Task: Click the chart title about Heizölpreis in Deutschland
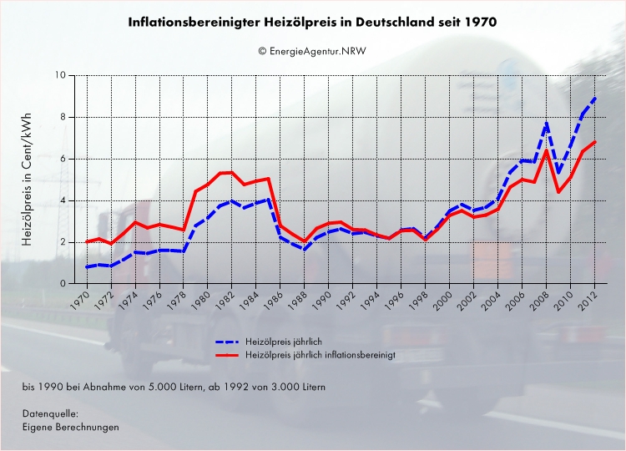click(x=312, y=23)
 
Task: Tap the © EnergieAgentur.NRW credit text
click(x=312, y=51)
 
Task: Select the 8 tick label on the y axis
click(x=63, y=117)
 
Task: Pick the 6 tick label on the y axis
click(x=63, y=159)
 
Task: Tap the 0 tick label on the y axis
click(x=63, y=284)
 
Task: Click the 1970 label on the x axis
click(x=81, y=301)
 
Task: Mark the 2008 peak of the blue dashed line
click(x=547, y=124)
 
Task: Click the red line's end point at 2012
click(x=595, y=142)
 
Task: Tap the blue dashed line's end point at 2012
click(x=595, y=97)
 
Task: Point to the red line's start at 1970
click(x=87, y=241)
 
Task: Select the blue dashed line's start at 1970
click(x=87, y=267)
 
